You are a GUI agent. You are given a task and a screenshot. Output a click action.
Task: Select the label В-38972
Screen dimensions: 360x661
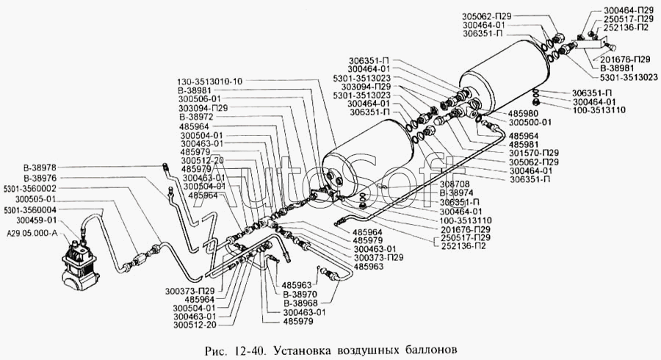click(195, 118)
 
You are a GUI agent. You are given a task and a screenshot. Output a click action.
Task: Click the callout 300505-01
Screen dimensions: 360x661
click(35, 198)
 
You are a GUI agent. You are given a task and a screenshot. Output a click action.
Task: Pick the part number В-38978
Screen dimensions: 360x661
click(40, 168)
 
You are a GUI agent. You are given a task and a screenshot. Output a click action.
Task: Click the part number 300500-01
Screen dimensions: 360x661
click(527, 124)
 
